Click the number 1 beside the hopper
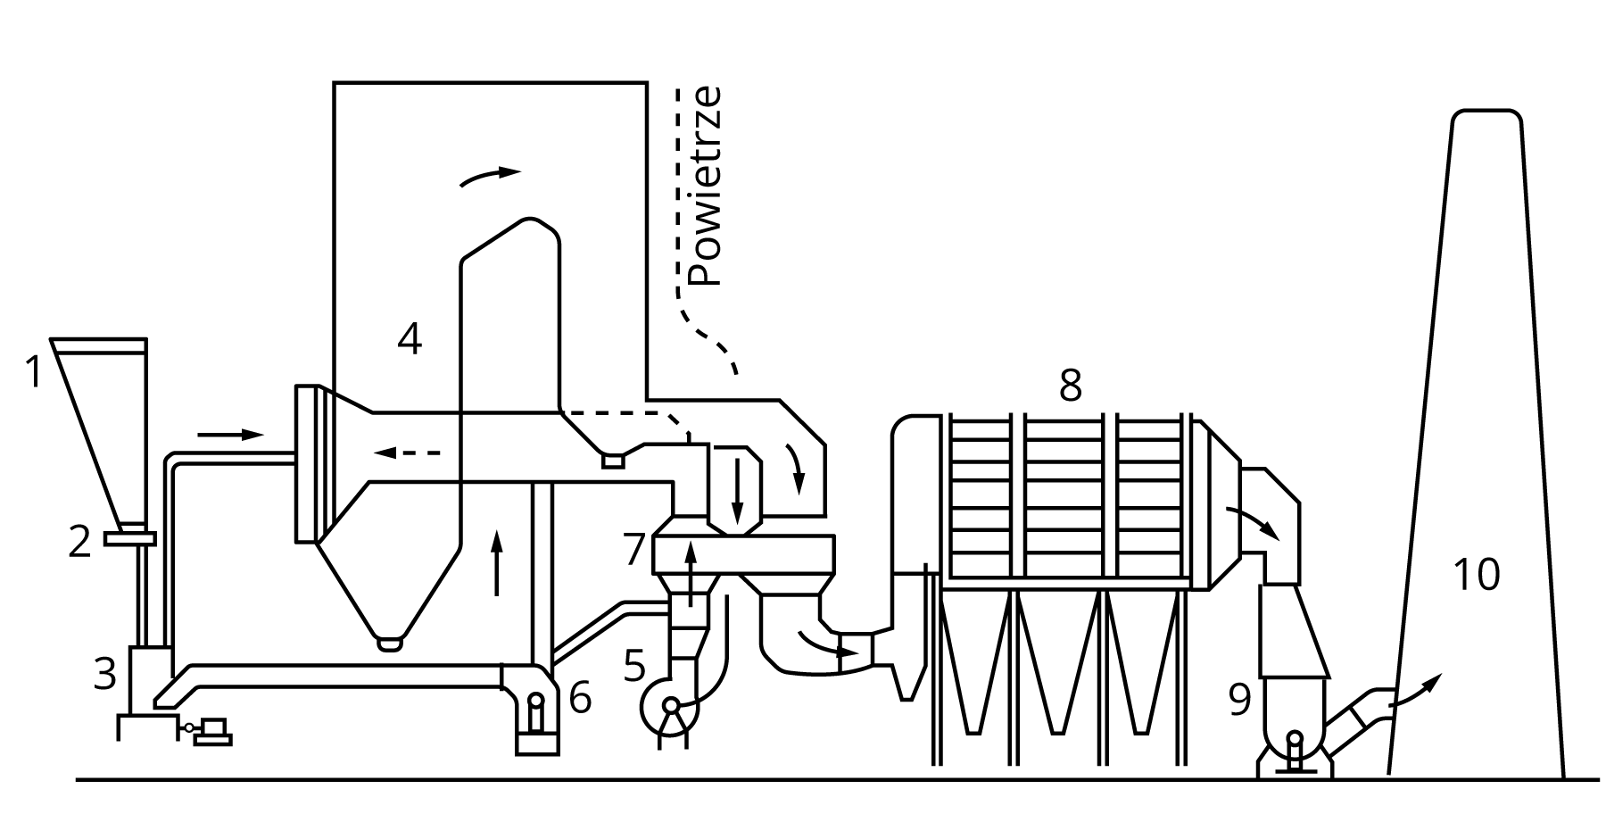33,372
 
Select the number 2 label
80,542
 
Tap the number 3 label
105,674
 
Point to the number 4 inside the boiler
410,339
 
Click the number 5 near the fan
634,665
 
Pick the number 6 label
580,697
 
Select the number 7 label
634,550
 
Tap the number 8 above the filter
1070,386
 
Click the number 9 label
1240,701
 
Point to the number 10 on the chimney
1477,574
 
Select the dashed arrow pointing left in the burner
407,453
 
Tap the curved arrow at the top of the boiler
489,176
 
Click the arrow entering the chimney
1416,693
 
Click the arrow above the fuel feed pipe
230,435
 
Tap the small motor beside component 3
215,730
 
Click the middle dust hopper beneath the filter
1057,660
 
